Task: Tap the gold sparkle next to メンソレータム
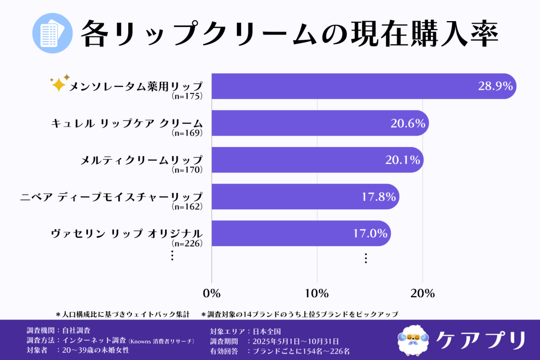(x=58, y=84)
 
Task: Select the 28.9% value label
(x=495, y=86)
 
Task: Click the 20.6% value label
(x=408, y=123)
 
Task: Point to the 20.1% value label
(x=402, y=160)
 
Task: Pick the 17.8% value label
(x=378, y=197)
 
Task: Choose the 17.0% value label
(x=370, y=233)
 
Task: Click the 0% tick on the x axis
(x=211, y=293)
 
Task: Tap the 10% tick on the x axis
(x=317, y=293)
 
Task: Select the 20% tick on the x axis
(x=422, y=293)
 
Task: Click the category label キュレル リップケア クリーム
(x=127, y=123)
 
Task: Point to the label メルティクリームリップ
(x=141, y=160)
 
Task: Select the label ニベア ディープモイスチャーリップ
(x=111, y=197)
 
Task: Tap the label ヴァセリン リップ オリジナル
(x=127, y=233)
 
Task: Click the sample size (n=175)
(x=187, y=96)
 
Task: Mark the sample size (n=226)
(x=187, y=244)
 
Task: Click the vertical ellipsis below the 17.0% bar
(x=365, y=258)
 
